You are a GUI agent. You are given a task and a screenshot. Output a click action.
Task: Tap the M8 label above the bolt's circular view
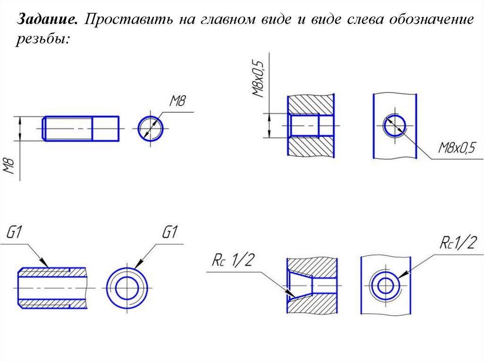[178, 101]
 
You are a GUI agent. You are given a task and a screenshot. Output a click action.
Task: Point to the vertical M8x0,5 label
[258, 77]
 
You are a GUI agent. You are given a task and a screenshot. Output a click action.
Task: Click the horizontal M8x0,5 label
[457, 148]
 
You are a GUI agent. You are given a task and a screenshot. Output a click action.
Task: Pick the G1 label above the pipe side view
[16, 233]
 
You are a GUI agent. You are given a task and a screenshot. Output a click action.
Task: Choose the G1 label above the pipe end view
[169, 233]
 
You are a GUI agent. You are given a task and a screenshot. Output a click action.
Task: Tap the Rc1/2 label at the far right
[458, 244]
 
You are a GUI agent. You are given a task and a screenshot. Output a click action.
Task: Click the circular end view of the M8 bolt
[151, 128]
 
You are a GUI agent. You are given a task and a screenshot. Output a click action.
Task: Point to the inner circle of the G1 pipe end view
[127, 288]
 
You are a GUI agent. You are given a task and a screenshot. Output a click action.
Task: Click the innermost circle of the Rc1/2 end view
[385, 286]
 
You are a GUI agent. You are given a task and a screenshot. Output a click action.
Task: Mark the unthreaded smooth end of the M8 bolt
[105, 128]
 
